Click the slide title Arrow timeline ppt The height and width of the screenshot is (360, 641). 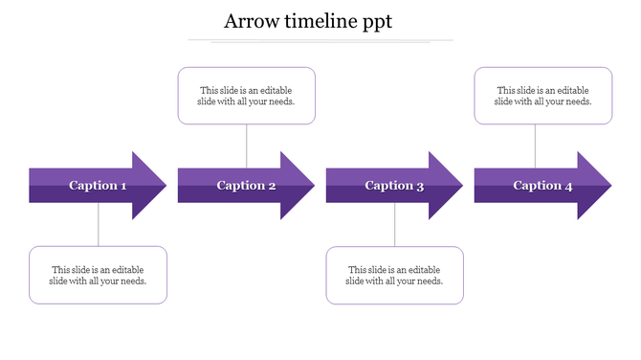click(x=307, y=22)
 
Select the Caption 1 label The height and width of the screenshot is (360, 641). click(x=98, y=186)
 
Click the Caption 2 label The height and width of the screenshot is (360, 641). click(x=246, y=186)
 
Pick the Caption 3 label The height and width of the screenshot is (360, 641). click(x=394, y=186)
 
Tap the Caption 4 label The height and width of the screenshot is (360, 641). click(x=542, y=186)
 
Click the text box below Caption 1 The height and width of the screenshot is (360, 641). click(x=98, y=276)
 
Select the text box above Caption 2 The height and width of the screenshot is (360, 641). click(x=246, y=96)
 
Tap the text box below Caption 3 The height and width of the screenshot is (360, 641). click(x=394, y=276)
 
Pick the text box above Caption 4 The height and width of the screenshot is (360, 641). click(x=542, y=96)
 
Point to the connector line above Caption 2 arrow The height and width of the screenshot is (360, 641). click(x=247, y=146)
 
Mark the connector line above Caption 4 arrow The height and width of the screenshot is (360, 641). click(x=535, y=146)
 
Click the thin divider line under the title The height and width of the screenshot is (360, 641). click(x=320, y=41)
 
